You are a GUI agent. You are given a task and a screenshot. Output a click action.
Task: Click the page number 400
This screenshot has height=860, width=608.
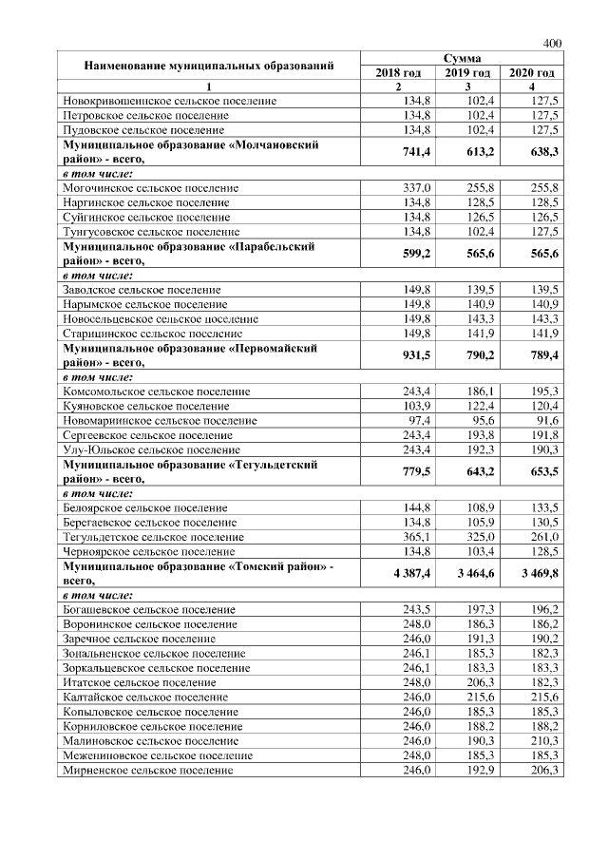click(x=553, y=43)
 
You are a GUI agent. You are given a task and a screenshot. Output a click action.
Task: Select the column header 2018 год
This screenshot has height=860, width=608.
click(x=398, y=73)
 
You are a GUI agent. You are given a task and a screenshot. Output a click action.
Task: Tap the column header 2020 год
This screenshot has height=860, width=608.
click(x=532, y=73)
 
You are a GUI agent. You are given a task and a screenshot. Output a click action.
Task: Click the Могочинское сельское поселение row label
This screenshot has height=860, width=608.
click(x=150, y=188)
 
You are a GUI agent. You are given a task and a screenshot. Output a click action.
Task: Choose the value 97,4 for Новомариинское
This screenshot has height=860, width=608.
click(x=419, y=420)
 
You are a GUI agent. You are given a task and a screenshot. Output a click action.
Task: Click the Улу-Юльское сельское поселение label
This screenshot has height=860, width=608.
click(x=151, y=449)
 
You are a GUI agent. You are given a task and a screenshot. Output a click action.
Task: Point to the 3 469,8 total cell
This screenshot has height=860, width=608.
click(x=534, y=573)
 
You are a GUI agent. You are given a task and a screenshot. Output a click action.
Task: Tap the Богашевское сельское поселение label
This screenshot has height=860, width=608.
click(x=149, y=609)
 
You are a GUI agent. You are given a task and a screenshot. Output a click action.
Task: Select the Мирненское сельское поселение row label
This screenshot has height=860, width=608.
click(x=147, y=770)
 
